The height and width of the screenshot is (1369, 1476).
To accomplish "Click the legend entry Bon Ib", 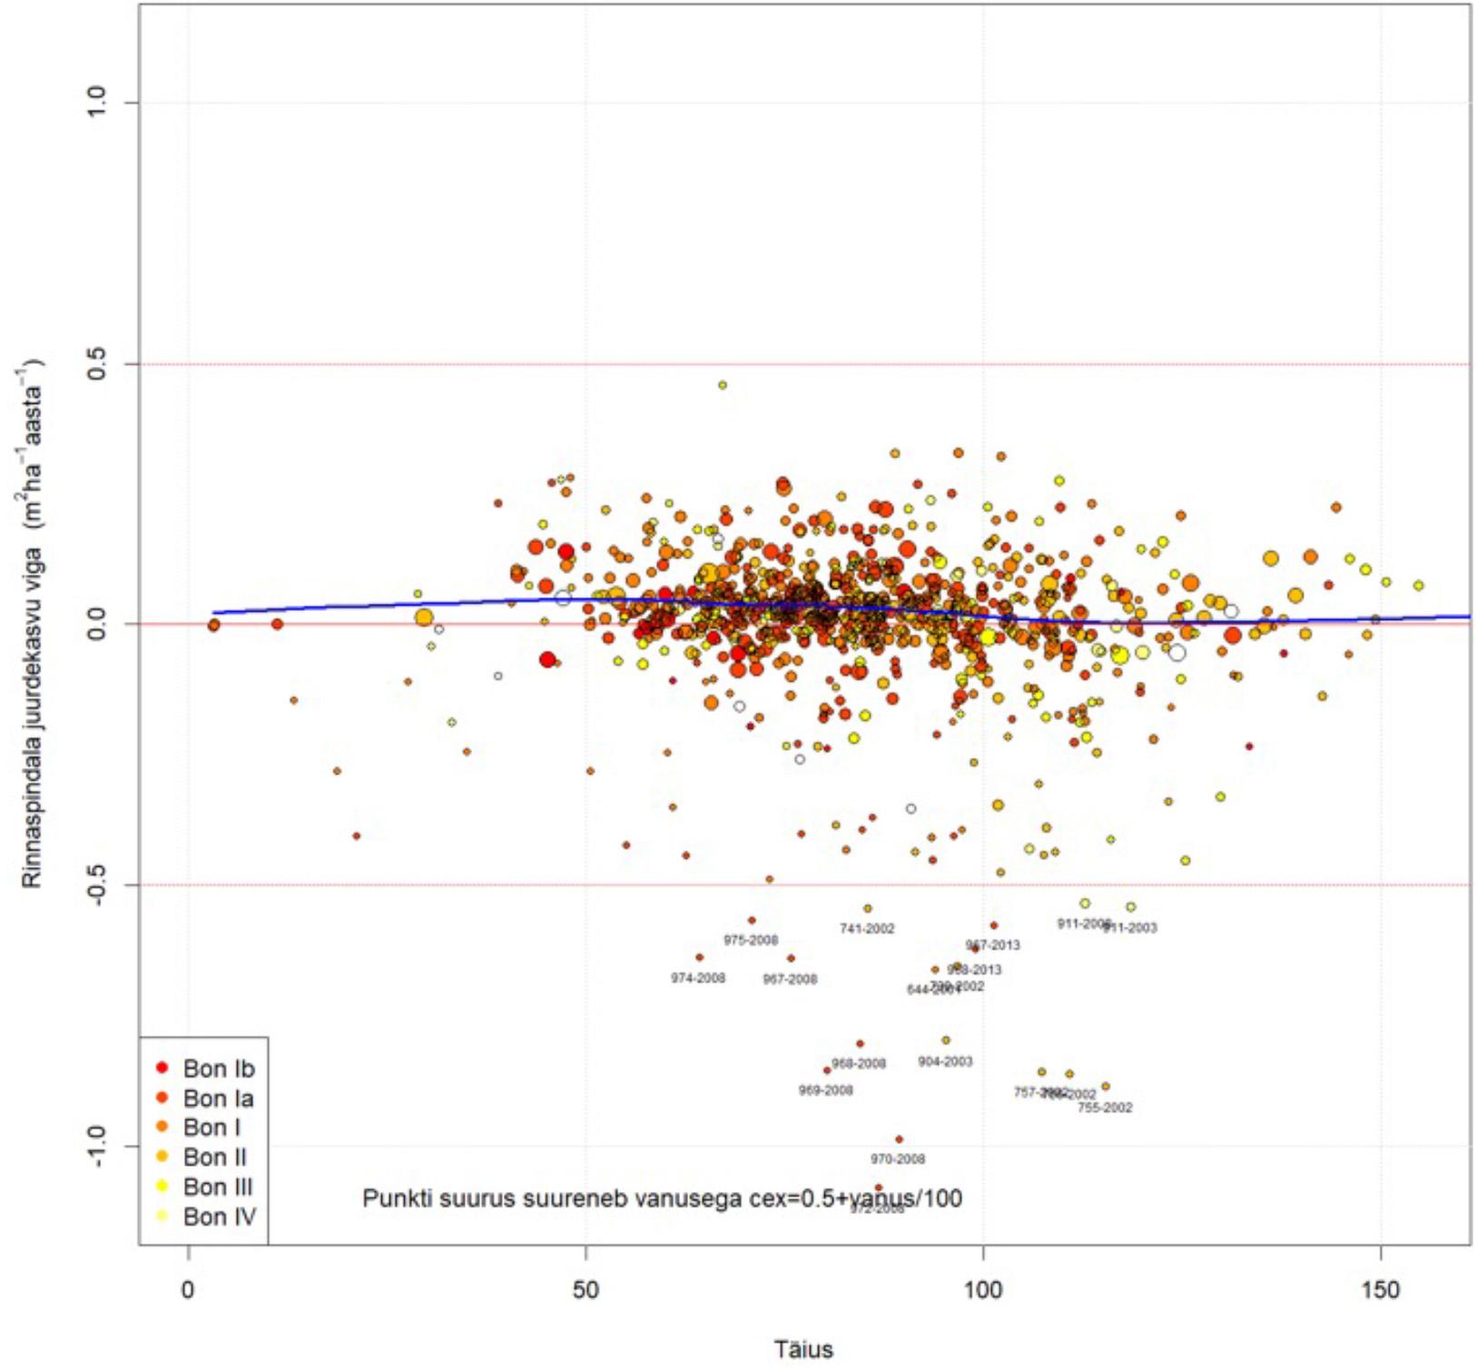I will [x=218, y=1069].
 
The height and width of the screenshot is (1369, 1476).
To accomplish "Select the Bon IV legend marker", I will [x=162, y=1216].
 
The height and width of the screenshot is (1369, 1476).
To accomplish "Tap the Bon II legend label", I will [x=214, y=1157].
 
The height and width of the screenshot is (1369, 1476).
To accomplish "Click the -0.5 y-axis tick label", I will [x=98, y=884].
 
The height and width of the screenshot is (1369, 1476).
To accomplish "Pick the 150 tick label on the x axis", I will [x=1380, y=1290].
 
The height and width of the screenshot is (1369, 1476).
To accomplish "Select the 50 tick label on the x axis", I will [x=585, y=1290].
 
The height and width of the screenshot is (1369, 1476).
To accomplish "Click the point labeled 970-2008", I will [x=899, y=1139].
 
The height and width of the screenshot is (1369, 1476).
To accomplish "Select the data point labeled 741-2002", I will [x=867, y=908].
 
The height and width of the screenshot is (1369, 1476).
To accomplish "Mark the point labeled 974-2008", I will [x=699, y=957].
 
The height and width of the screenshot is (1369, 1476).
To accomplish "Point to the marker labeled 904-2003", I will [x=946, y=1040].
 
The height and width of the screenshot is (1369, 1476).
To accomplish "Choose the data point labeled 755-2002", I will [x=1105, y=1086].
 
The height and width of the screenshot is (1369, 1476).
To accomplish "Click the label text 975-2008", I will [x=751, y=941].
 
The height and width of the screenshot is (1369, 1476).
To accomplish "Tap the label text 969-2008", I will [x=825, y=1090].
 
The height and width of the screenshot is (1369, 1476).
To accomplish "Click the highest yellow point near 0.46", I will [x=723, y=385].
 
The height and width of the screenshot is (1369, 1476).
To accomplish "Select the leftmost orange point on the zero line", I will [x=213, y=625].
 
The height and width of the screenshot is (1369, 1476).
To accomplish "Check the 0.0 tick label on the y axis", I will [x=98, y=625].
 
